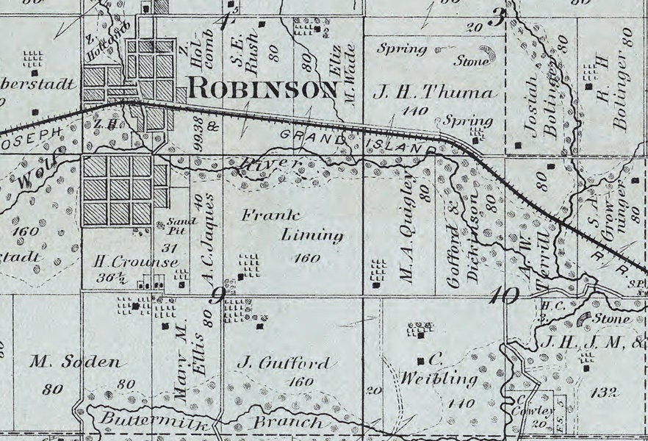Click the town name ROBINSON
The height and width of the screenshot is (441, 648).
pyautogui.click(x=263, y=88)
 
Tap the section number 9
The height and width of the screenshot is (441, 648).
pyautogui.click(x=217, y=296)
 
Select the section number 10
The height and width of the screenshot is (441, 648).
pyautogui.click(x=506, y=296)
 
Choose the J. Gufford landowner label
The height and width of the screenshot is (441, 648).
pyautogui.click(x=284, y=363)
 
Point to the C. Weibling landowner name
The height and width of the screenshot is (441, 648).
pyautogui.click(x=439, y=371)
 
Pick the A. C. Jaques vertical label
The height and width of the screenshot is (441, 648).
pyautogui.click(x=207, y=239)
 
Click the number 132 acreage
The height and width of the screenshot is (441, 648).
pyautogui.click(x=603, y=393)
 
